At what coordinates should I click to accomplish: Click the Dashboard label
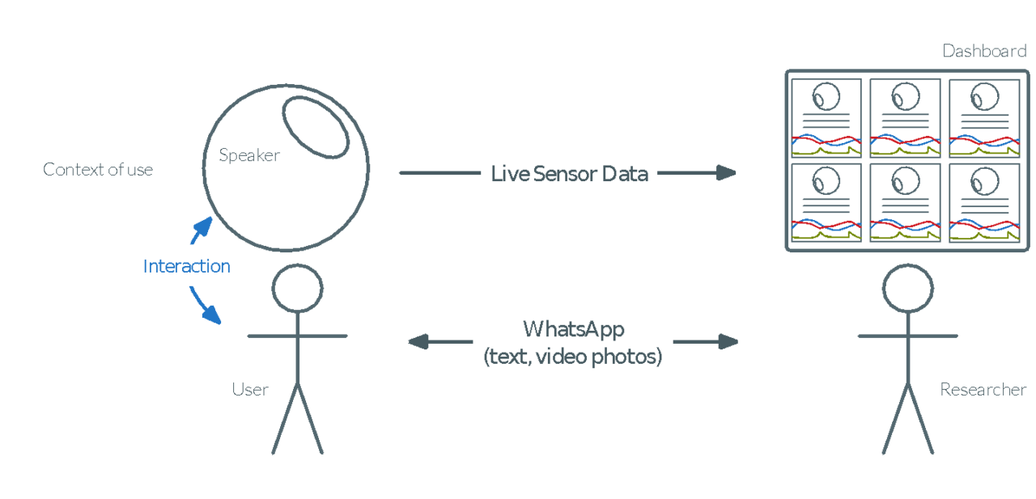pyautogui.click(x=984, y=51)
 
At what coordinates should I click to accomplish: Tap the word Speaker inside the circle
pyautogui.click(x=249, y=155)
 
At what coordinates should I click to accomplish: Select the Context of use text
pyautogui.click(x=98, y=170)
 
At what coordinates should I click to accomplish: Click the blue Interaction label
pyautogui.click(x=186, y=266)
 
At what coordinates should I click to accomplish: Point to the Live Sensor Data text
pyautogui.click(x=569, y=174)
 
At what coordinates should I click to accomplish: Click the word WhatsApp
pyautogui.click(x=574, y=329)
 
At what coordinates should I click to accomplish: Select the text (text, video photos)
pyautogui.click(x=573, y=356)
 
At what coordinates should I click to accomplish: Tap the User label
pyautogui.click(x=250, y=390)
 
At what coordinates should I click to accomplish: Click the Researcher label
pyautogui.click(x=983, y=390)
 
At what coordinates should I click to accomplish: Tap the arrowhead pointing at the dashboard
pyautogui.click(x=726, y=173)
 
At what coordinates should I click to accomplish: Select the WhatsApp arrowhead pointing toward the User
pyautogui.click(x=418, y=342)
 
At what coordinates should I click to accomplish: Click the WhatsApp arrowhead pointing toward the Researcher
pyautogui.click(x=728, y=342)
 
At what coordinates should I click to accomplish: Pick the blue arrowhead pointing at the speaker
pyautogui.click(x=203, y=226)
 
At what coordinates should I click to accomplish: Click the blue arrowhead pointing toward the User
pyautogui.click(x=212, y=315)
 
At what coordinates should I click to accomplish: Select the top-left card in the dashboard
pyautogui.click(x=826, y=118)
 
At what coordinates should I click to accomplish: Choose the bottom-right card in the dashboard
pyautogui.click(x=985, y=203)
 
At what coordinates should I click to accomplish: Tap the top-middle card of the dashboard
pyautogui.click(x=905, y=118)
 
